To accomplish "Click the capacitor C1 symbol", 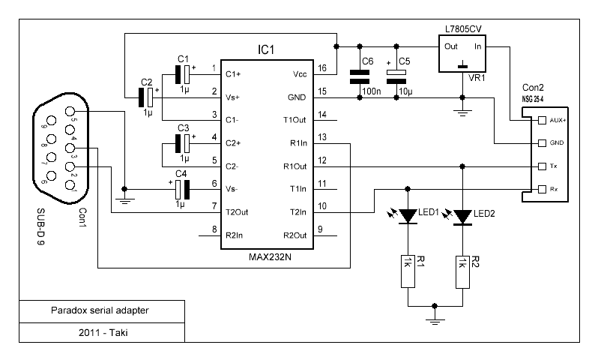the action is (183, 74).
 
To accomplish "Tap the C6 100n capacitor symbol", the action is (359, 76).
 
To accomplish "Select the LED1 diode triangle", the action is (408, 216).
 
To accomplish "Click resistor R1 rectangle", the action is (408, 271).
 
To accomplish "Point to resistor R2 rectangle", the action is (462, 271).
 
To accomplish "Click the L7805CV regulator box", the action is (462, 53).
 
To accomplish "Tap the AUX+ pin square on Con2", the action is (542, 121).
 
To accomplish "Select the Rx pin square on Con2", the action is (542, 189).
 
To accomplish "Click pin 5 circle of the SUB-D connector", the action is (70, 112).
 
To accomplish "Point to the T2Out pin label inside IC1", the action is (237, 212).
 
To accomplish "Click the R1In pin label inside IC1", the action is (298, 143).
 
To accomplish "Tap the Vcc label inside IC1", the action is (300, 74).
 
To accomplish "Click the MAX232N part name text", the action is (270, 257).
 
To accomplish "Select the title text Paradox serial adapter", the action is (100, 310).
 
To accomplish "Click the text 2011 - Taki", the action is (103, 333).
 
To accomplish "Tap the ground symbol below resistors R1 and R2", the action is (435, 319).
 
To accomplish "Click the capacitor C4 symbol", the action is (182, 189).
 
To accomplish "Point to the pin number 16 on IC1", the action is (322, 68).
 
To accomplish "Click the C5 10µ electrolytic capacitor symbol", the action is (396, 76).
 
